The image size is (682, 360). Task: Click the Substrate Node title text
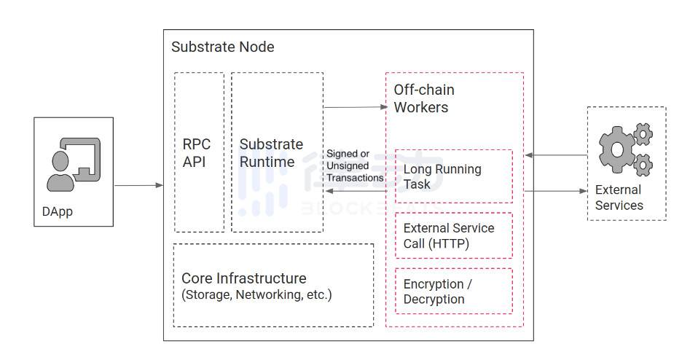coord(222,47)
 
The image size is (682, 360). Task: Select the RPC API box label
coord(197,153)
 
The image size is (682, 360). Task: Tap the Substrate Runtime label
coord(271,153)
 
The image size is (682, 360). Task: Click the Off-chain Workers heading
coord(424,98)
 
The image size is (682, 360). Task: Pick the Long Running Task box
coord(453,176)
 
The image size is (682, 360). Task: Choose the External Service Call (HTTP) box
coord(453,236)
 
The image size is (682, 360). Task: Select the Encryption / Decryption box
coord(453,291)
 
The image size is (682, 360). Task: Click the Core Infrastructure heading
coord(243,278)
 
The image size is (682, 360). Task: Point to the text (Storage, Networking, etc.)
coord(256,295)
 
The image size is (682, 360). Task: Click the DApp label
coord(59,212)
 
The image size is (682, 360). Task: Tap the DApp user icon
coord(73,164)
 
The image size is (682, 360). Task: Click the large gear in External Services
coord(616,149)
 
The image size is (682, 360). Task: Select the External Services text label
coord(619,197)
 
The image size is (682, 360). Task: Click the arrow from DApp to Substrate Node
coord(138,186)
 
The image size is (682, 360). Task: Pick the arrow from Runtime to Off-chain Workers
coord(355,107)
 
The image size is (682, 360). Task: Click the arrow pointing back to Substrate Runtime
coord(355,191)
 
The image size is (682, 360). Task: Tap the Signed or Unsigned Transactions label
coord(354,165)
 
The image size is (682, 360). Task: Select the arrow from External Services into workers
coord(555,155)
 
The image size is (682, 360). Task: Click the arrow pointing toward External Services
coord(555,191)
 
